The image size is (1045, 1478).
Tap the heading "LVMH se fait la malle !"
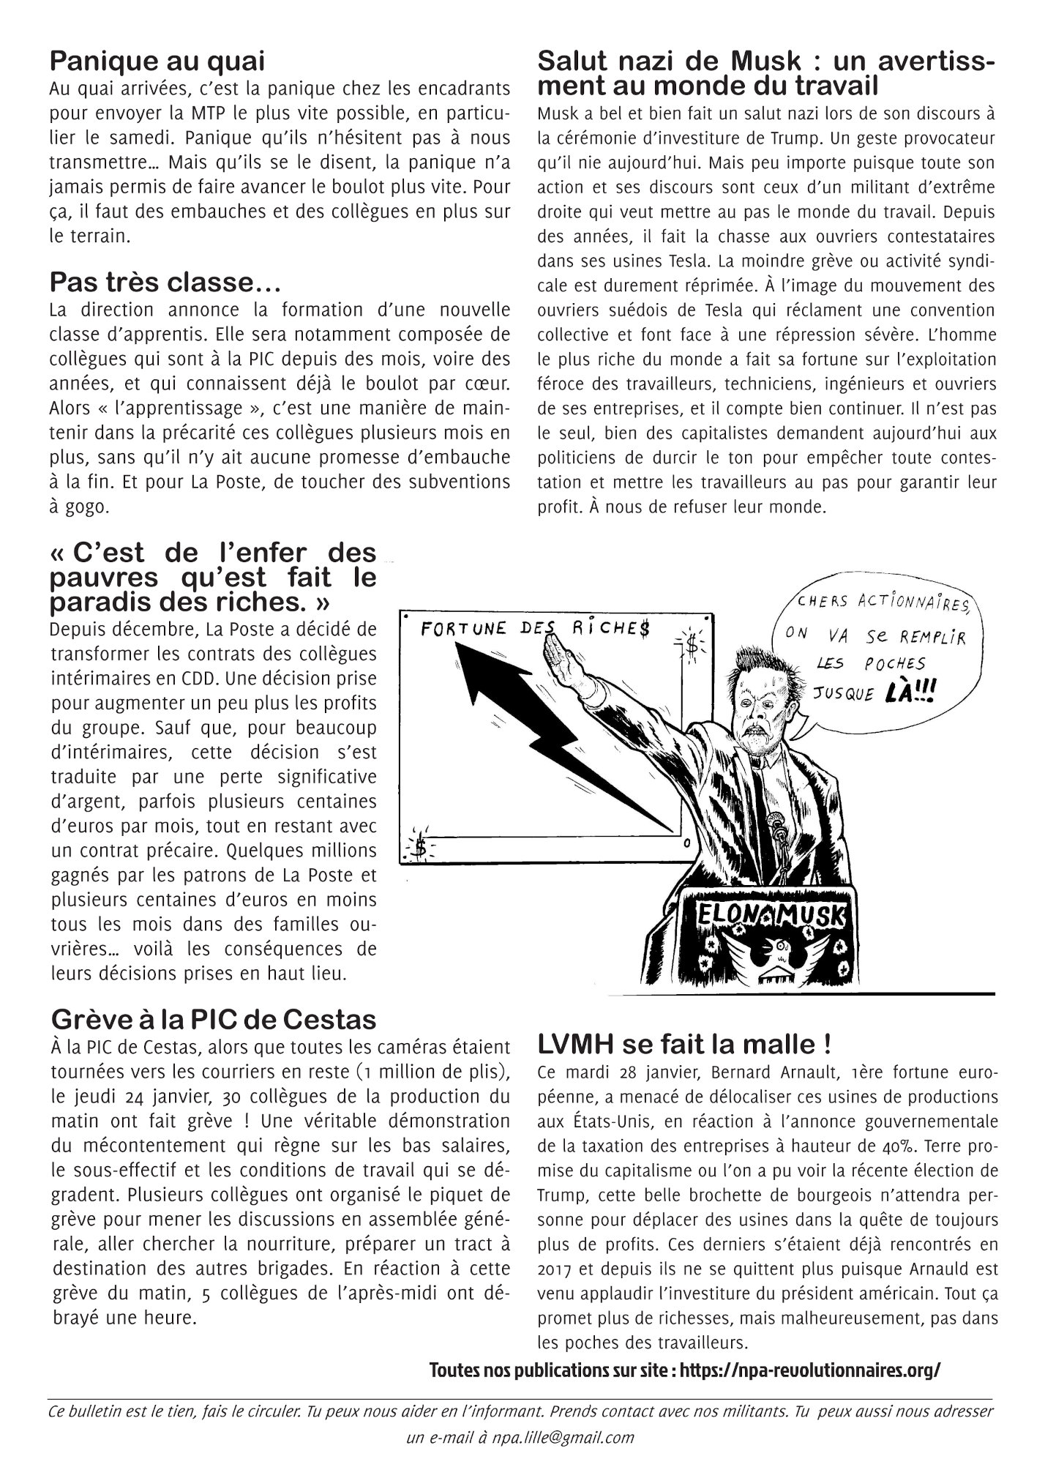683,1042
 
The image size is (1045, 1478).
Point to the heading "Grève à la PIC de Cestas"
214,1018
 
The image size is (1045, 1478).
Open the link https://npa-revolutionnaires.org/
809,1370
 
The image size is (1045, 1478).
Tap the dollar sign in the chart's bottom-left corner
421,848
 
